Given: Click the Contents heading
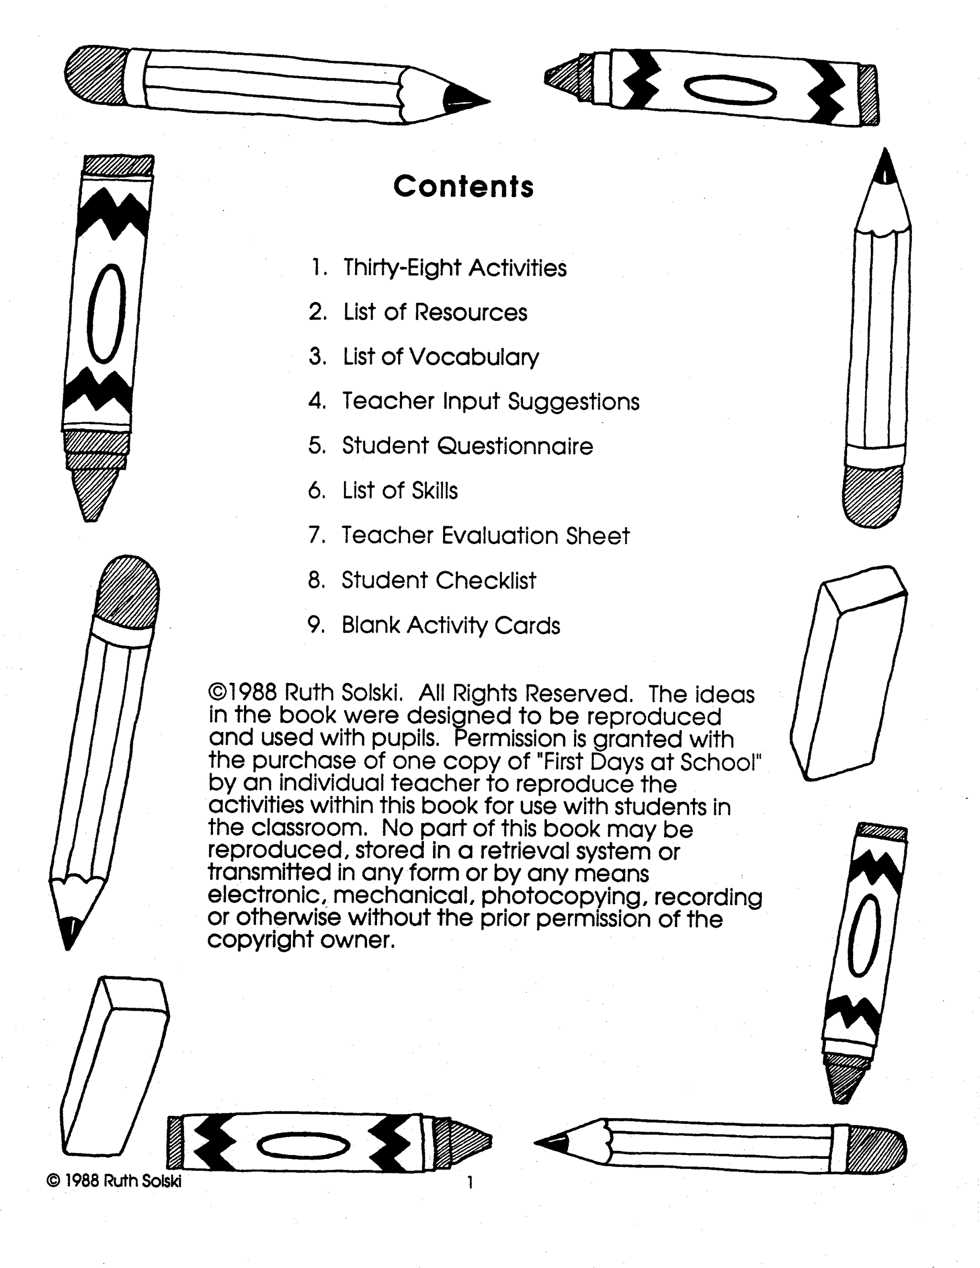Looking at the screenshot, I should pyautogui.click(x=463, y=187).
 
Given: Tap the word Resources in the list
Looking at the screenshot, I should pyautogui.click(x=471, y=312).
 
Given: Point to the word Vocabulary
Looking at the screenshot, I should pyautogui.click(x=474, y=357).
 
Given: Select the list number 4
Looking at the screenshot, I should pyautogui.click(x=317, y=401).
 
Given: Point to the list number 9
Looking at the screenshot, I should pyautogui.click(x=316, y=625).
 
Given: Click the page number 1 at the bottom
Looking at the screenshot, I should pyautogui.click(x=470, y=1183).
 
